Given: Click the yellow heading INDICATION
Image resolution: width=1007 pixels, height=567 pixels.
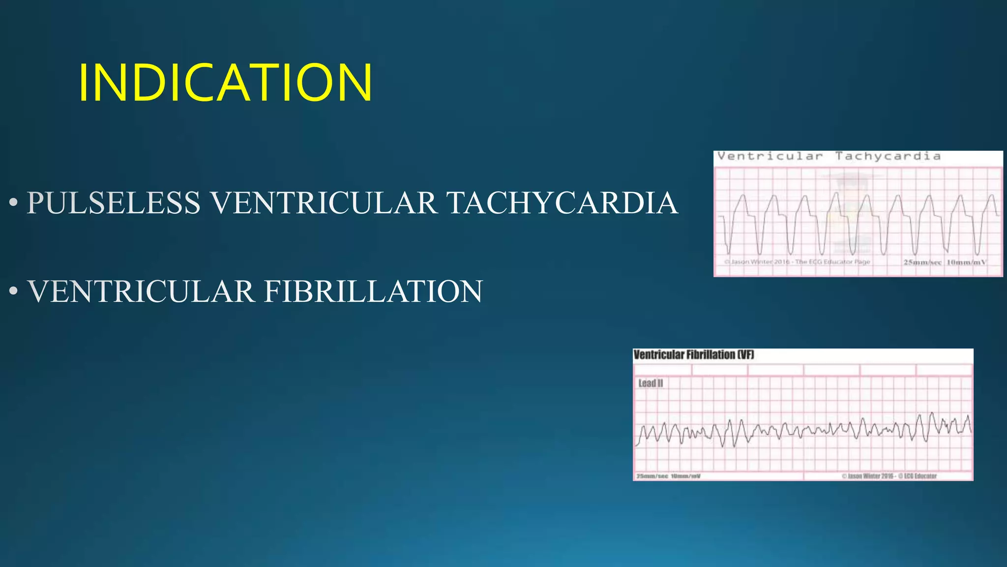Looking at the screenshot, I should coord(225,83).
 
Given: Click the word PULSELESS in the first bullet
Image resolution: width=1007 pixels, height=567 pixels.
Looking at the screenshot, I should coord(114,203).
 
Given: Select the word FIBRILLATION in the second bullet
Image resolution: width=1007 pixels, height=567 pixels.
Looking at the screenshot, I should coord(373,291).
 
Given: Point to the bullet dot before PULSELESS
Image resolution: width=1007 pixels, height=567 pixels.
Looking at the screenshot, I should coord(13,203).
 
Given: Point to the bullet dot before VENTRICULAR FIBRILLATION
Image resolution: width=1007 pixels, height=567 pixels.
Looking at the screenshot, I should coord(13,291).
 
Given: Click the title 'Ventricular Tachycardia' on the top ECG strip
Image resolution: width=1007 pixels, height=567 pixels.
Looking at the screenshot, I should coord(829,157).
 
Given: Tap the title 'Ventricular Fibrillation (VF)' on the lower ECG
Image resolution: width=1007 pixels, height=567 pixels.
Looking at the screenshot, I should coord(693,354).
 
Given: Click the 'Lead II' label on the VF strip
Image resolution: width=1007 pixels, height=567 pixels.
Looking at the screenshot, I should coord(651,383).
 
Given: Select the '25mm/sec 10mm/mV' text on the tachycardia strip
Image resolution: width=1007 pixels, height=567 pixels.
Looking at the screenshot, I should coord(945,262).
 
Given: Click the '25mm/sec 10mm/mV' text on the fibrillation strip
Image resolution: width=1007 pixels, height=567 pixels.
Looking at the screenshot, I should coord(668,476).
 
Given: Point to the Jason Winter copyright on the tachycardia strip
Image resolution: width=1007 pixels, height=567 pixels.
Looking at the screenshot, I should coord(797,262).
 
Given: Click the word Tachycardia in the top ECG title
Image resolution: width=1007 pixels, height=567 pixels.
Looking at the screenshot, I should coord(888,157).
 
